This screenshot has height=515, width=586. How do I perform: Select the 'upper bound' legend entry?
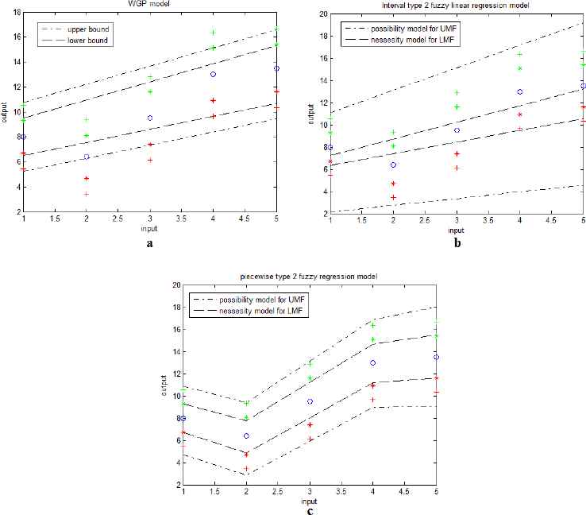(94, 29)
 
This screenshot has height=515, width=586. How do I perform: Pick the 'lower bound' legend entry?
(93, 39)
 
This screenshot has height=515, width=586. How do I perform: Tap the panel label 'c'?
(307, 510)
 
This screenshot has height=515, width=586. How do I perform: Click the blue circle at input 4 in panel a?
(213, 74)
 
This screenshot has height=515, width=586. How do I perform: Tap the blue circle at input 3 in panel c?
(310, 401)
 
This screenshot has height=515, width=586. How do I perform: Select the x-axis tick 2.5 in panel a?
(118, 218)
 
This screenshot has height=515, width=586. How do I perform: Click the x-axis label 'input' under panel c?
(307, 501)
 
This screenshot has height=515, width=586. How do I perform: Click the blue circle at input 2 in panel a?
(87, 157)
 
